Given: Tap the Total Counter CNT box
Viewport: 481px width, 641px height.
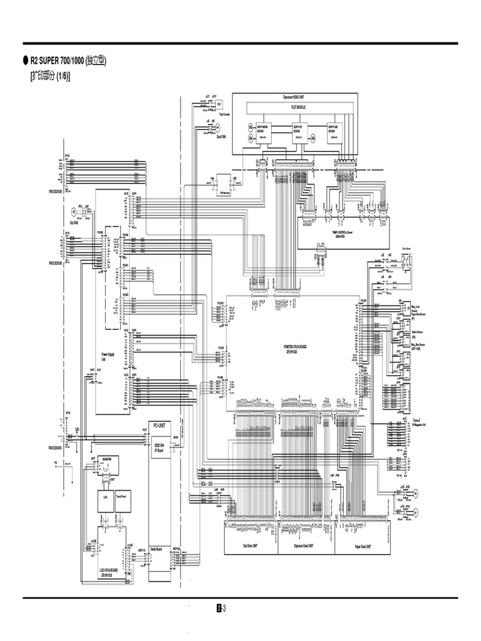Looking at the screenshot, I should point(219,105).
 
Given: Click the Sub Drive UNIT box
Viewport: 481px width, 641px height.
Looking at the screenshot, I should point(251,545).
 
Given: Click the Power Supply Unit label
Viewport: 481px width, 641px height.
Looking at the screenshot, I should point(108,357).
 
